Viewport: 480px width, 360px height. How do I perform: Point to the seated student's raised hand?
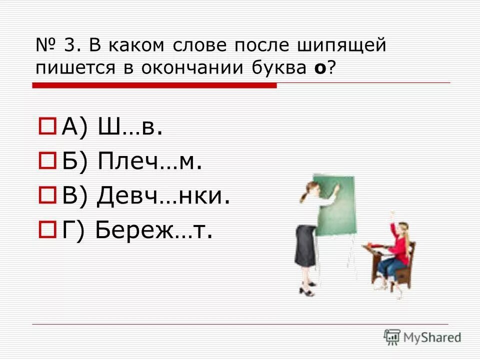392,215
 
